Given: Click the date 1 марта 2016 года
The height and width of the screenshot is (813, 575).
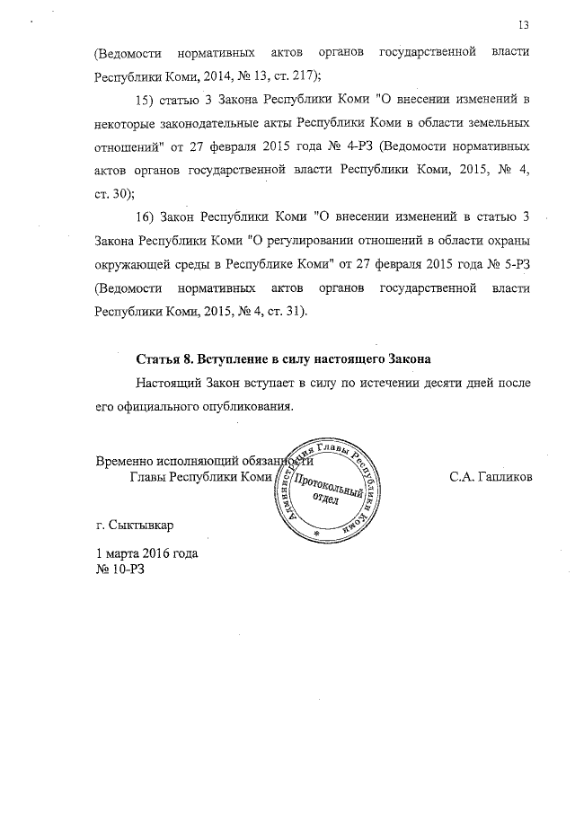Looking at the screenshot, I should [146, 553].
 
